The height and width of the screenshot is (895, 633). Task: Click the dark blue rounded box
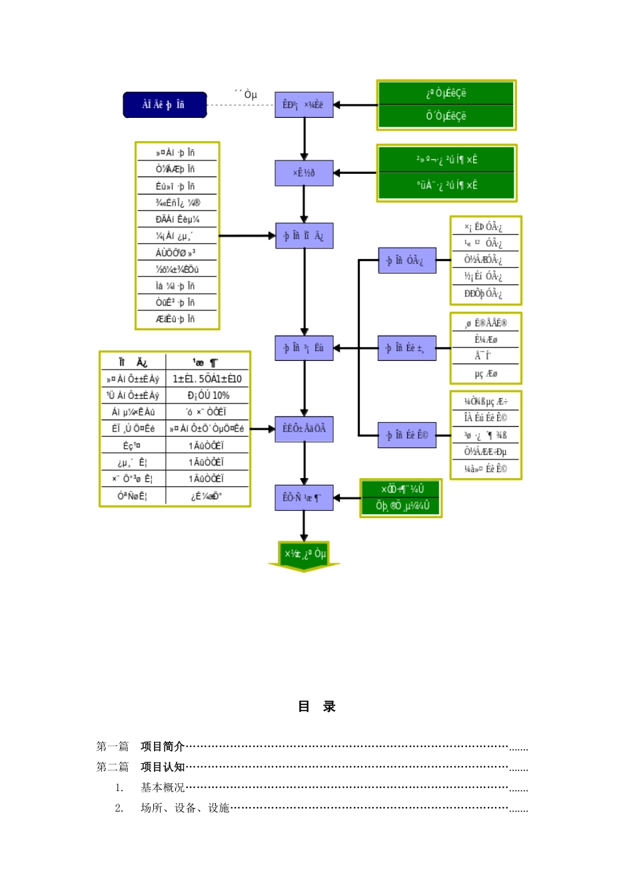coord(165,105)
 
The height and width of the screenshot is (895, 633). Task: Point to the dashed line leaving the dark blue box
coord(240,105)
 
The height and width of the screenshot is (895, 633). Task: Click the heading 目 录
coord(316,707)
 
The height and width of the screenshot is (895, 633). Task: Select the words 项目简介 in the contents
coord(162,746)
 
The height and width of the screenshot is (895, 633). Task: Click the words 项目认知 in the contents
coord(162,767)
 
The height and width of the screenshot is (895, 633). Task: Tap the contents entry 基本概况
coord(162,788)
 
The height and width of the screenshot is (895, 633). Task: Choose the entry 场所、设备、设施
coord(185,808)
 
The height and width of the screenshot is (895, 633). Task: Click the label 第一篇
coord(112,746)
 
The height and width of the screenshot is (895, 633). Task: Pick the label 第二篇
coord(112,767)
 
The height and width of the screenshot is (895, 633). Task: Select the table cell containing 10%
coord(208,396)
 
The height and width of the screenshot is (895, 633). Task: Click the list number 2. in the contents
coord(119,808)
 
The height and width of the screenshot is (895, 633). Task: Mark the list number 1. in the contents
coord(119,788)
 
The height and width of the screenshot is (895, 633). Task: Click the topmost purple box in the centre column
coord(304,105)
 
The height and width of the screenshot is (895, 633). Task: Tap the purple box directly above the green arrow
coord(304,498)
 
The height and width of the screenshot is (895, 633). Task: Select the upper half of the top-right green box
coord(446,94)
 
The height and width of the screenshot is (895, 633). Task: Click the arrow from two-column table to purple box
coord(263,429)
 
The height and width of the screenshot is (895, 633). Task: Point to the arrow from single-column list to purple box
coord(247,236)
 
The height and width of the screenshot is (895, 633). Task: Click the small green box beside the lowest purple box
coord(401,498)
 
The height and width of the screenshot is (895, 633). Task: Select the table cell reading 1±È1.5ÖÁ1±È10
coord(207,379)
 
